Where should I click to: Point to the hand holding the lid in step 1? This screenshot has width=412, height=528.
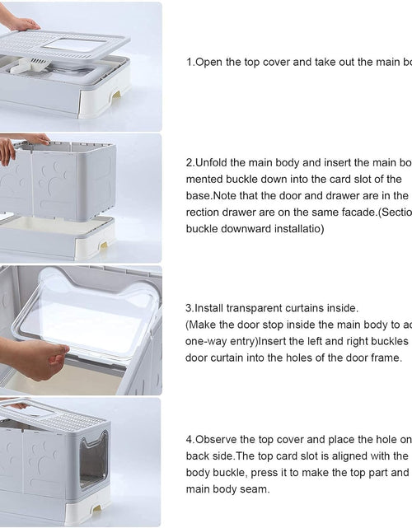[20, 23]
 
